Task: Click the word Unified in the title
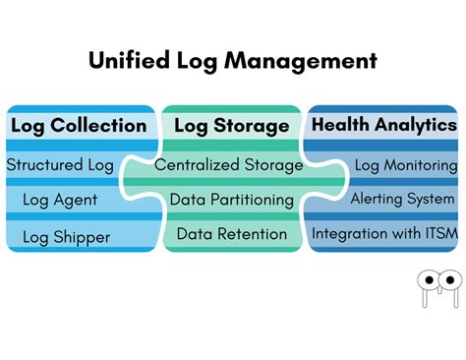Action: pyautogui.click(x=129, y=61)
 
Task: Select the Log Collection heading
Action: pyautogui.click(x=79, y=125)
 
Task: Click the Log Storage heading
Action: pyautogui.click(x=232, y=126)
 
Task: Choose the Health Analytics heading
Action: pyautogui.click(x=384, y=125)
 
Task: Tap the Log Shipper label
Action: pyautogui.click(x=67, y=236)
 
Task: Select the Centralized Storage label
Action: pyautogui.click(x=229, y=165)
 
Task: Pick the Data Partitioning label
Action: pyautogui.click(x=232, y=200)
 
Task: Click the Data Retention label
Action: pyautogui.click(x=232, y=234)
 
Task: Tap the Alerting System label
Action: pyautogui.click(x=403, y=199)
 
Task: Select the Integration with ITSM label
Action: pyautogui.click(x=383, y=234)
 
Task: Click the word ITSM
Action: pyautogui.click(x=437, y=234)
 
